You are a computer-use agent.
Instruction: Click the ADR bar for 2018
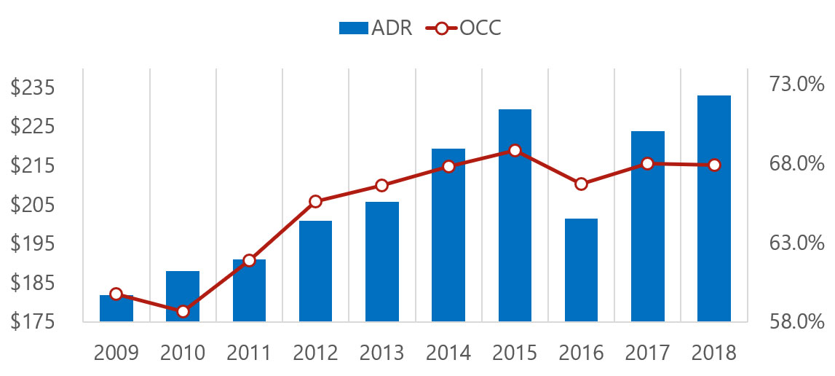pyautogui.click(x=713, y=208)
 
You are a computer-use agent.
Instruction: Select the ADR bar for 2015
pyautogui.click(x=515, y=216)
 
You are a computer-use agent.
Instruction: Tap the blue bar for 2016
pyautogui.click(x=581, y=270)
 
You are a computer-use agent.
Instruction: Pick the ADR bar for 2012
pyautogui.click(x=315, y=271)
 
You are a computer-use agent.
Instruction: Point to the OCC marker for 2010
pyautogui.click(x=183, y=311)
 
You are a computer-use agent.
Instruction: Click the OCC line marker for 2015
pyautogui.click(x=515, y=151)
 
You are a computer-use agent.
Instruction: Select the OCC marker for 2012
pyautogui.click(x=315, y=201)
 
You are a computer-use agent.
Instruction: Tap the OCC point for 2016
pyautogui.click(x=581, y=184)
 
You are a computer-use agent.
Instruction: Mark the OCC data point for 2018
pyautogui.click(x=714, y=165)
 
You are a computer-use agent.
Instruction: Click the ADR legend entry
pyautogui.click(x=376, y=28)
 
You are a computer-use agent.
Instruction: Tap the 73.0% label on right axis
pyautogui.click(x=796, y=85)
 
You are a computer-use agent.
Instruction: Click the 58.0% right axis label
pyautogui.click(x=796, y=321)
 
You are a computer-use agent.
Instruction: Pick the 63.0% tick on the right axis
pyautogui.click(x=796, y=243)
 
